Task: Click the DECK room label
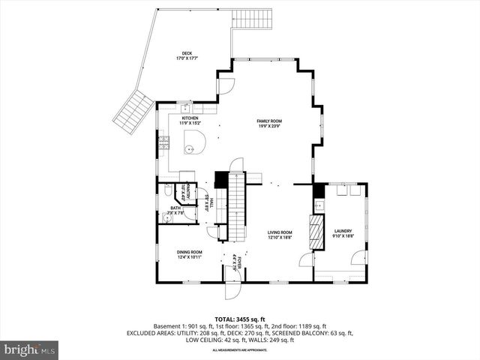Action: [x=186, y=53]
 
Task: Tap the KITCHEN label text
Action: [x=189, y=118]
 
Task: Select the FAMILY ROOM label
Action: [x=269, y=121]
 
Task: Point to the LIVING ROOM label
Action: [x=280, y=232]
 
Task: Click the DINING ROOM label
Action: [x=189, y=252]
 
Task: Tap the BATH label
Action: [x=175, y=208]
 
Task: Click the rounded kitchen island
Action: [x=194, y=142]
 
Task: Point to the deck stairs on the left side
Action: [x=133, y=111]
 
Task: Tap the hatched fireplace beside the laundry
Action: [x=317, y=227]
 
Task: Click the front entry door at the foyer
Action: [x=233, y=288]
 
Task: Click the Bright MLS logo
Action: [x=29, y=349]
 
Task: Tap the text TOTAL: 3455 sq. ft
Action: [x=240, y=319]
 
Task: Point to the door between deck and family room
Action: [x=223, y=85]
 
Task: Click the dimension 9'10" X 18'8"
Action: [x=343, y=237]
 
